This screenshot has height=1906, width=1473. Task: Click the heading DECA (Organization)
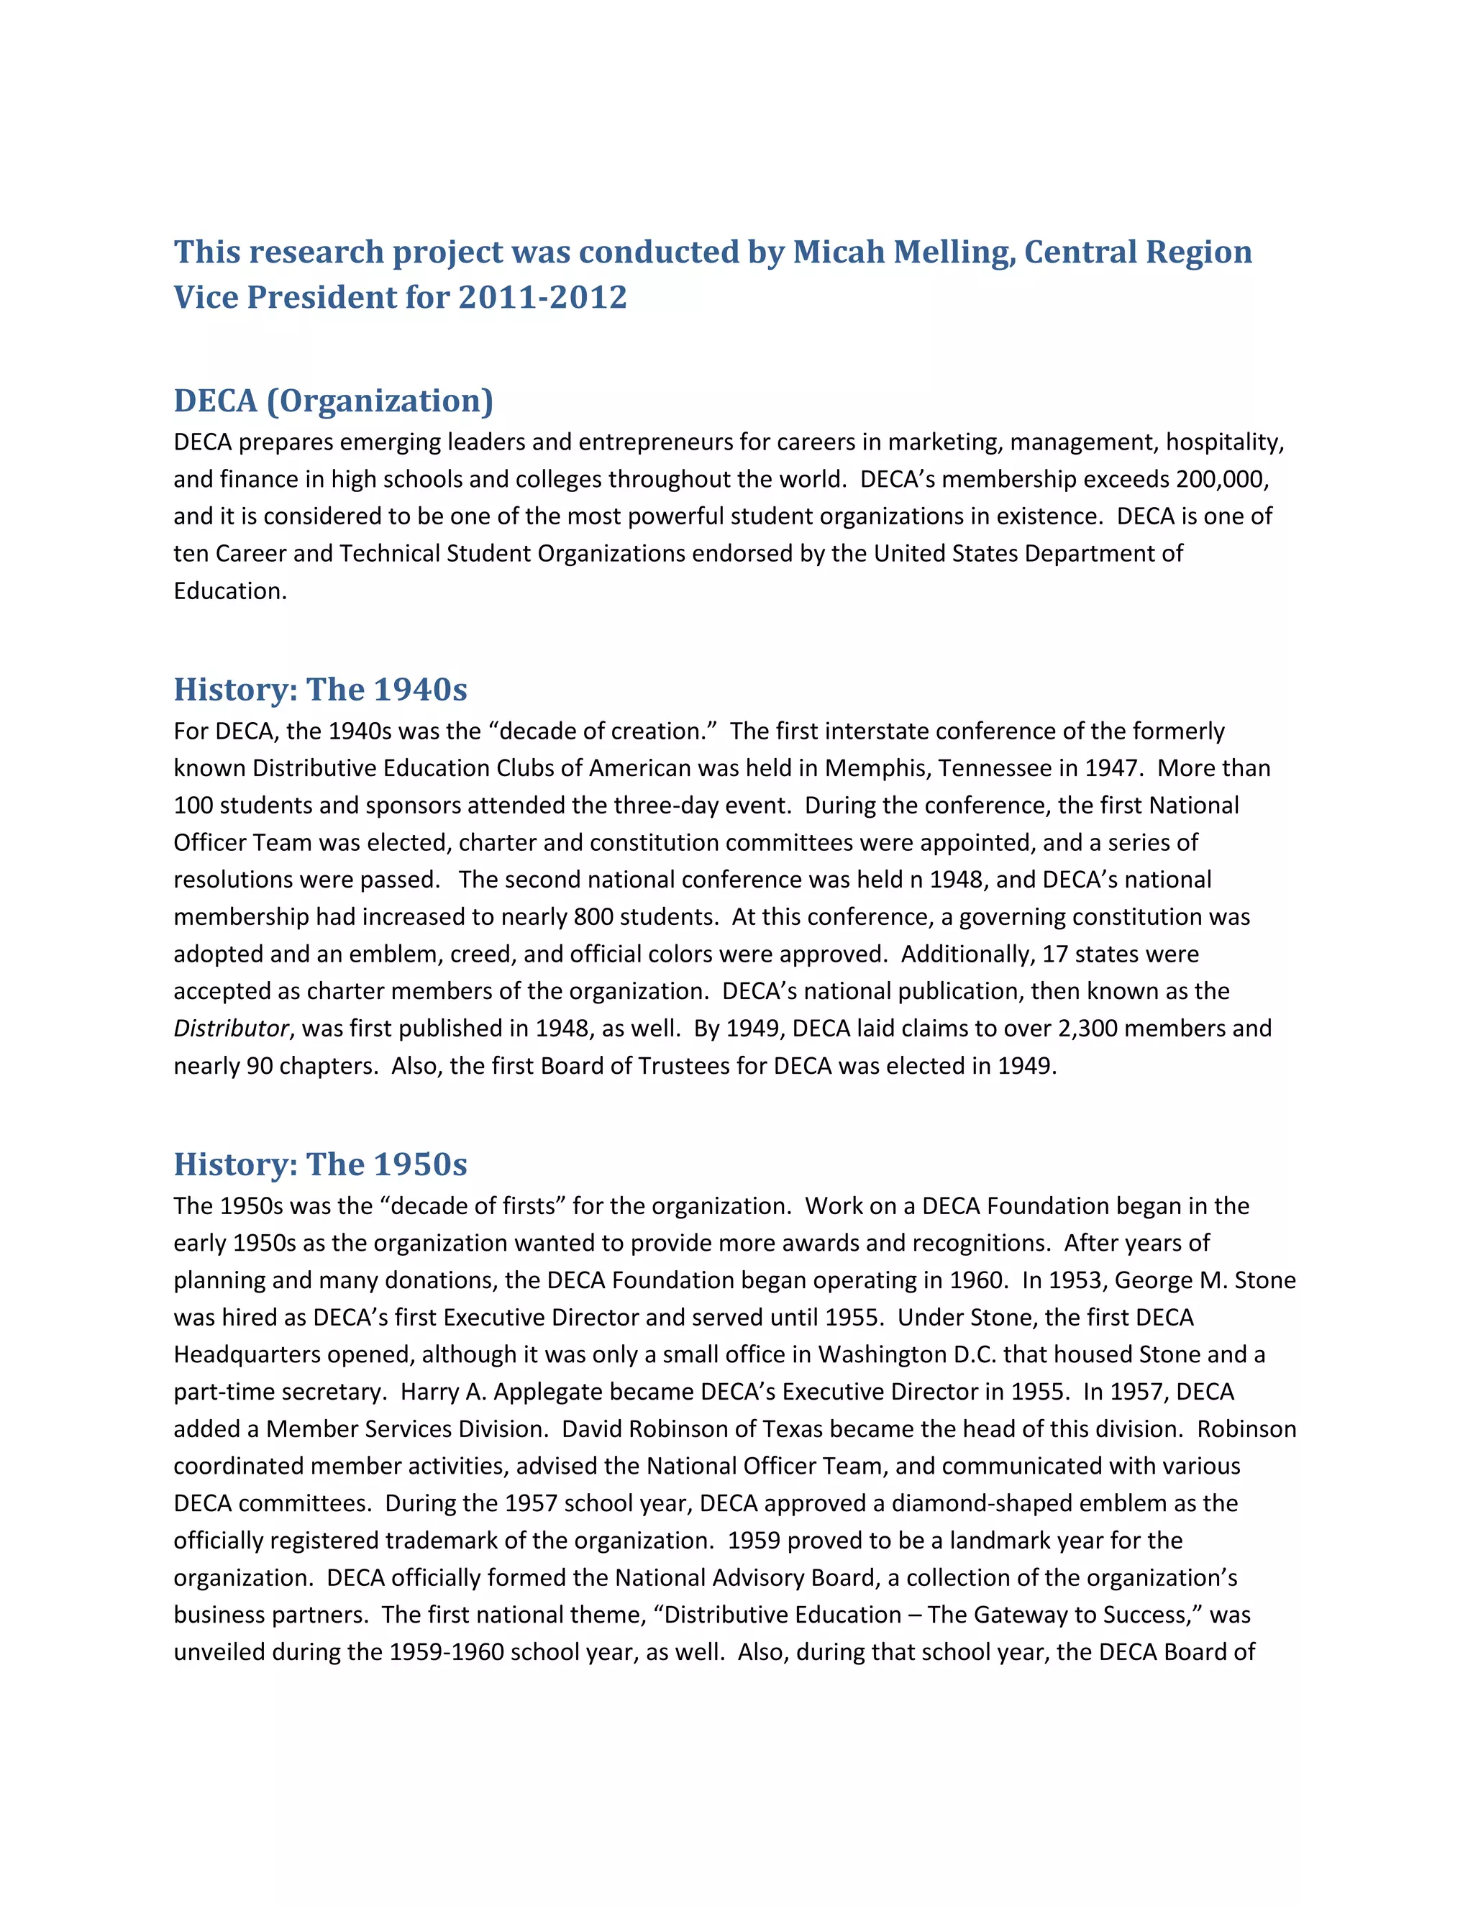[x=333, y=401]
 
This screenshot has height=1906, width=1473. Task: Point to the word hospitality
[x=1224, y=442]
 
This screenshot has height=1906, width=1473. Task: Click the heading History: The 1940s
[x=320, y=690]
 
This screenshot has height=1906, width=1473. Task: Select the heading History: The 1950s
[x=320, y=1165]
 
